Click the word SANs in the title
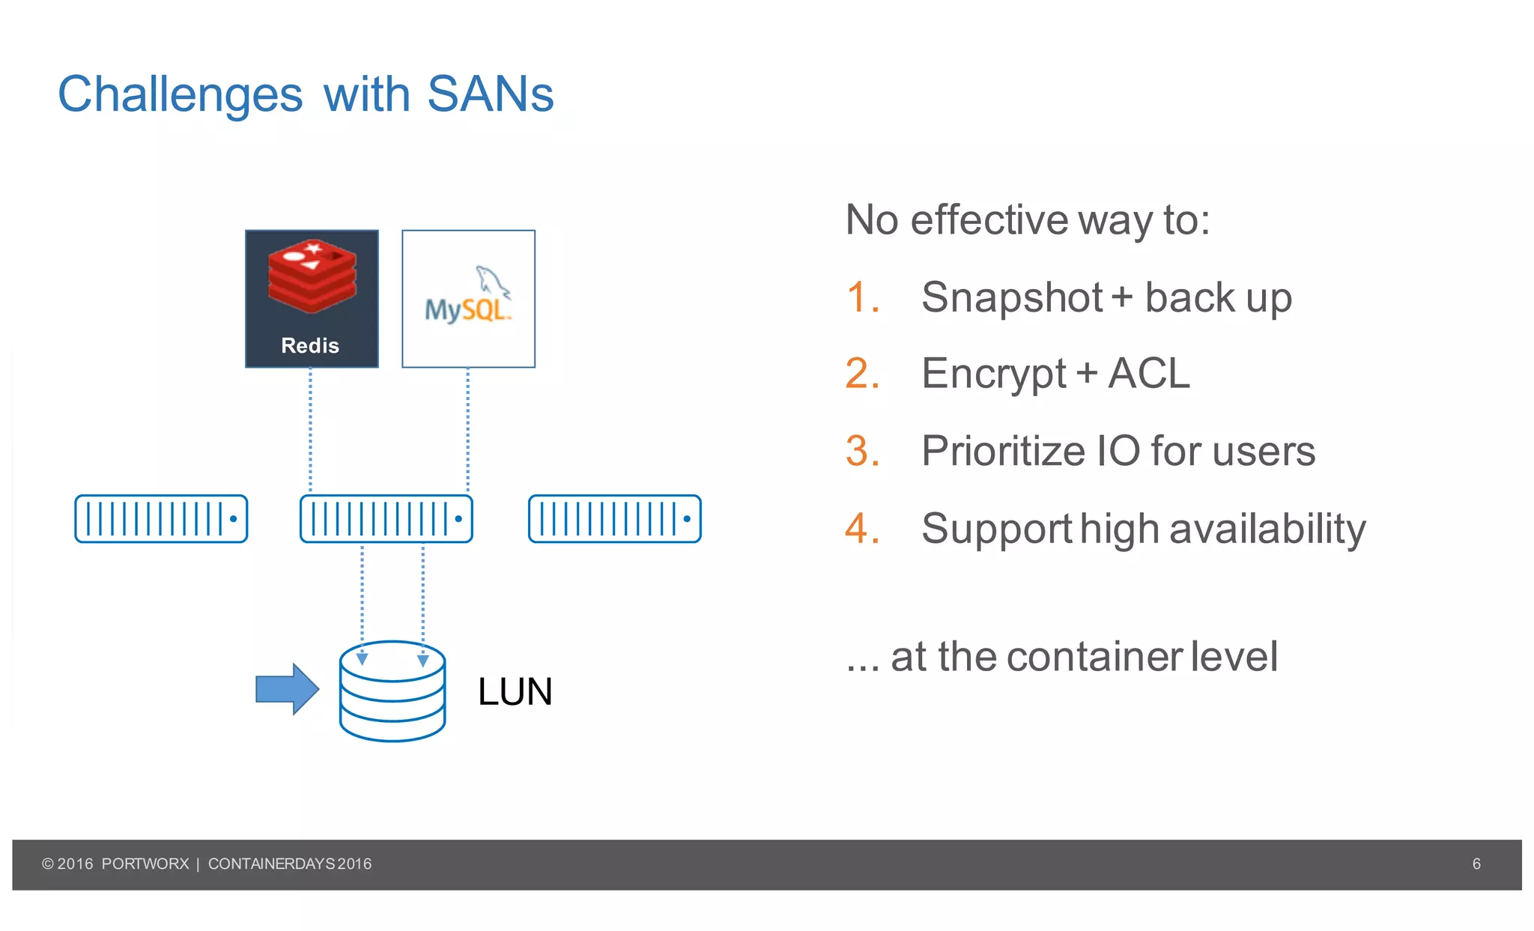(490, 94)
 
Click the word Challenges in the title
(181, 96)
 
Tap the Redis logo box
(312, 298)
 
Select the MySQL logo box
(468, 298)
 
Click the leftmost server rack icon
(161, 518)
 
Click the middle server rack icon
(386, 518)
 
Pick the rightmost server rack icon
(614, 518)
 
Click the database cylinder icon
(392, 691)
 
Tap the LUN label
(515, 691)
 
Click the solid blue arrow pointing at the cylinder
(287, 688)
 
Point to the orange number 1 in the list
(862, 297)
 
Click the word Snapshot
(1011, 297)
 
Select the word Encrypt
(993, 374)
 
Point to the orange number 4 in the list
(861, 528)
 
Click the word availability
(1267, 529)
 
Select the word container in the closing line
(1094, 657)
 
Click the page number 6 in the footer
(1476, 864)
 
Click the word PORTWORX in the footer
(145, 864)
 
